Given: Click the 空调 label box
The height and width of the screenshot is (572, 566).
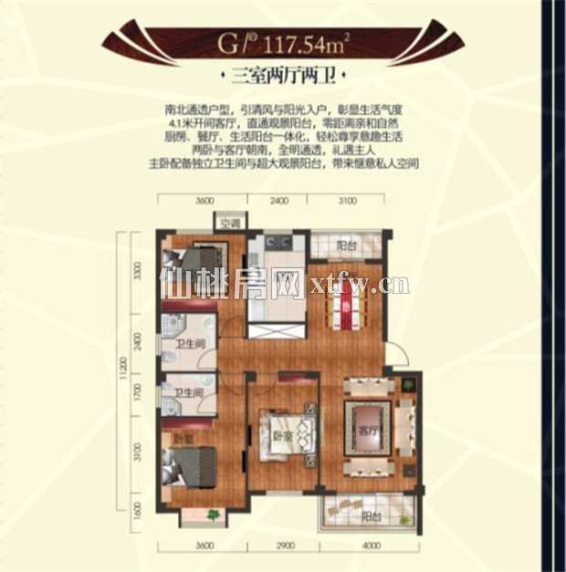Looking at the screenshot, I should [x=229, y=222].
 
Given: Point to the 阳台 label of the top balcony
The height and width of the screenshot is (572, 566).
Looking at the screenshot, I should [x=345, y=245].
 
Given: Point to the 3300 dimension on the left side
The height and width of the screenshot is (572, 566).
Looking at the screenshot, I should [x=138, y=271].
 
